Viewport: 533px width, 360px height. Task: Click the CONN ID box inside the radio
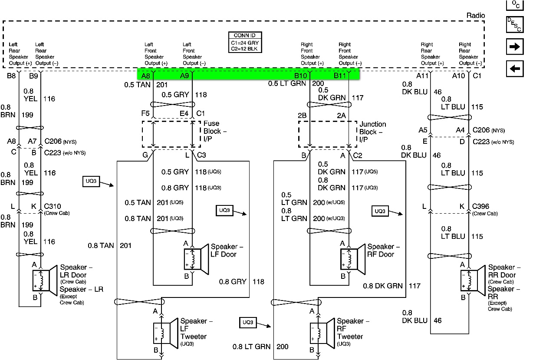(245, 43)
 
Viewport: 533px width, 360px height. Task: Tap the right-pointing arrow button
(515, 47)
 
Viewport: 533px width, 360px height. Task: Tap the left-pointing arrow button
(515, 69)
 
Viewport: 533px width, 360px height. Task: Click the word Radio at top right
(476, 16)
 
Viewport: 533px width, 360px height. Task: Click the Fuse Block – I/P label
(215, 131)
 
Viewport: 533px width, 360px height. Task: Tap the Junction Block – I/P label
(372, 131)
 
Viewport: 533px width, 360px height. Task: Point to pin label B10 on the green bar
(301, 76)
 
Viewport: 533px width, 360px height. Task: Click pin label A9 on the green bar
(184, 76)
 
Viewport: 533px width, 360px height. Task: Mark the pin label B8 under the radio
(11, 76)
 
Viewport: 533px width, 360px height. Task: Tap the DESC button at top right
(515, 25)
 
